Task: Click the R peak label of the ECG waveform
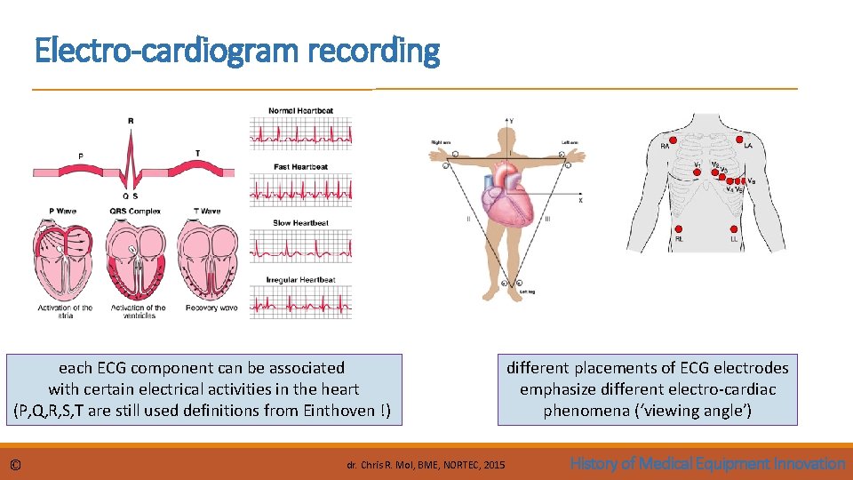pos(131,121)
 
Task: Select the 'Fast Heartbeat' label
pos(300,167)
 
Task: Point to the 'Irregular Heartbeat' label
pos(300,280)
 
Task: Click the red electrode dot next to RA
pos(674,140)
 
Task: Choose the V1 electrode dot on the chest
pos(698,172)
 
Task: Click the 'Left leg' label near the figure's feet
pos(527,292)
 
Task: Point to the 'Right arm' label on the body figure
pos(442,142)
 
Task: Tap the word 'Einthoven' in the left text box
pos(335,411)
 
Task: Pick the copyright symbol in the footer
pos(15,464)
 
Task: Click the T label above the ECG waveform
pos(197,153)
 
